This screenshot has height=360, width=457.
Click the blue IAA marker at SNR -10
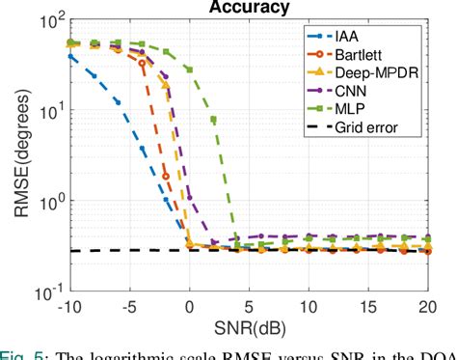click(69, 57)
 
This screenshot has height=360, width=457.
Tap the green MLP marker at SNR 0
click(189, 69)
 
